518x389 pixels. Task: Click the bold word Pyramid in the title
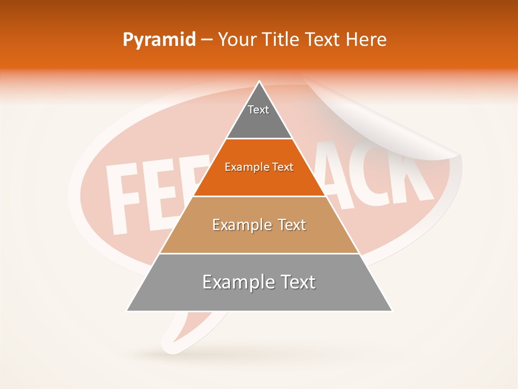(x=159, y=40)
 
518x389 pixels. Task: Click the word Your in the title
(x=237, y=40)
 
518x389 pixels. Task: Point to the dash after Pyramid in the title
(x=207, y=41)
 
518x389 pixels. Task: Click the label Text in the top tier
(x=258, y=110)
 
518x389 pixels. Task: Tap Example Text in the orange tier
(x=259, y=167)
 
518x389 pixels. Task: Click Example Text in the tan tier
(x=259, y=225)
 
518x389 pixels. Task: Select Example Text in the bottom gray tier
(x=259, y=282)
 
